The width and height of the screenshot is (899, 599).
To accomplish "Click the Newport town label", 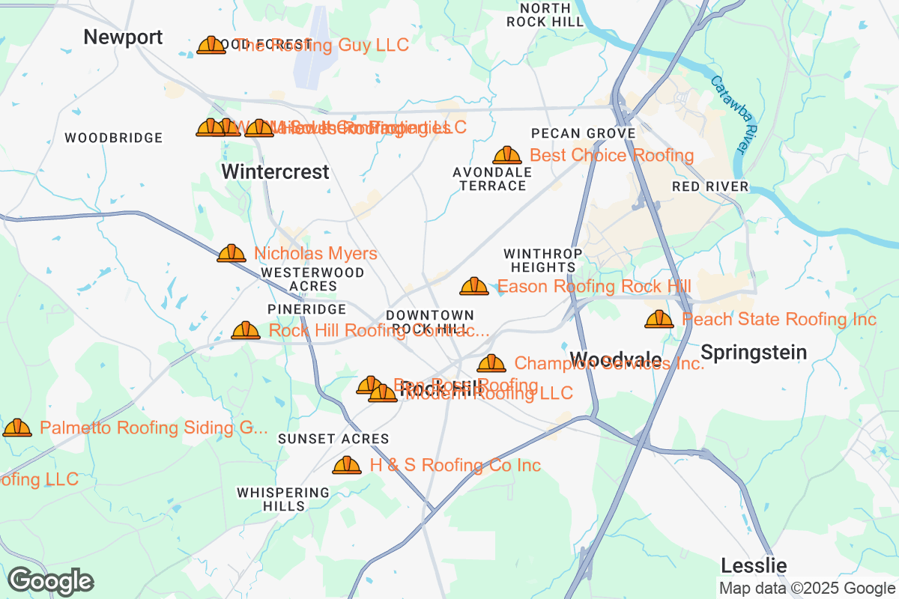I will click(123, 37).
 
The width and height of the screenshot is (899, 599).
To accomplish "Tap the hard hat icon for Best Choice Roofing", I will click(507, 155).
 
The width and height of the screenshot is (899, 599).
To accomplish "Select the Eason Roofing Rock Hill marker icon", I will click(474, 286).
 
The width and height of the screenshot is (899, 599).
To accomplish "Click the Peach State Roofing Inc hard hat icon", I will click(659, 320).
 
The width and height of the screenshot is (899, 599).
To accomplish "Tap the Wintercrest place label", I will click(275, 172).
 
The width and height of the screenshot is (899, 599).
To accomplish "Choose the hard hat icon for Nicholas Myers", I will click(231, 254).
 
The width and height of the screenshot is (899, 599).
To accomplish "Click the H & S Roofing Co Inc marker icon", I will click(347, 466).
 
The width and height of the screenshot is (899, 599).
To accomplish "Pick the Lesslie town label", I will click(754, 565).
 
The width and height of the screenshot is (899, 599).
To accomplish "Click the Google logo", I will click(50, 581).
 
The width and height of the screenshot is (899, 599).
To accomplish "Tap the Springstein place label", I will click(754, 352).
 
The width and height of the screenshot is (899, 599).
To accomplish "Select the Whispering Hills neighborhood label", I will click(283, 499).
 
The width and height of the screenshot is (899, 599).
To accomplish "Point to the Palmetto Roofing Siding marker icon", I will click(17, 428).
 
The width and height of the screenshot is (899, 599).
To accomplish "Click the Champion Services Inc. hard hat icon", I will click(491, 364).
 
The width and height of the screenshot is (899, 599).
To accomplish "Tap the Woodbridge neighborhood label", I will click(114, 138).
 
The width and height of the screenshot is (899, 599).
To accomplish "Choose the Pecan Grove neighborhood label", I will click(584, 133).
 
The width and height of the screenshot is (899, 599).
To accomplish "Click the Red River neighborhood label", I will click(710, 186).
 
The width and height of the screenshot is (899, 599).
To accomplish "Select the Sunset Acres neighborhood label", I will click(333, 439).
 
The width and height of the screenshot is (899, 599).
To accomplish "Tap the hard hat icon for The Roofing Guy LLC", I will click(211, 46).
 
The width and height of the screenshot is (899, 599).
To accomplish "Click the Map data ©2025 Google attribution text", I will click(808, 589).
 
